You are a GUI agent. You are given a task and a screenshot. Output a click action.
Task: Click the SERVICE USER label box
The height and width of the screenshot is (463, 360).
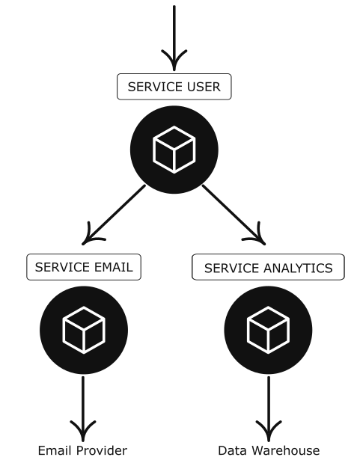coord(174,87)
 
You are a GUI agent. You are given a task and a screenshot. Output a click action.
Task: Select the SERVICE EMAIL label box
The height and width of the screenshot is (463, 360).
coord(84,267)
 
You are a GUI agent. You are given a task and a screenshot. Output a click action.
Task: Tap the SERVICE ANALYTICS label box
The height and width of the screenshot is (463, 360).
coord(268,267)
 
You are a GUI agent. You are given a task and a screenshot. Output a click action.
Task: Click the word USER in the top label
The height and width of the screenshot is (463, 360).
coord(204,87)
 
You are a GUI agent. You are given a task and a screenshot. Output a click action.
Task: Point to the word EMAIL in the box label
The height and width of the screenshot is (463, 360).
coord(113,267)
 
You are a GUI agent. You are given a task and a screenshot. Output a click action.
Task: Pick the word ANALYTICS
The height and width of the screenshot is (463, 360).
coord(298,268)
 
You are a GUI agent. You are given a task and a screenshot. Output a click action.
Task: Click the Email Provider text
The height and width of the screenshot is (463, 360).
coord(82,450)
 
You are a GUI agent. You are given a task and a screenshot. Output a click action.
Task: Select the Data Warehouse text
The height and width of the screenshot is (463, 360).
coord(269,450)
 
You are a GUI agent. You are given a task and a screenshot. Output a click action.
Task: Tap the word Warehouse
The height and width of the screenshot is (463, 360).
coord(286,450)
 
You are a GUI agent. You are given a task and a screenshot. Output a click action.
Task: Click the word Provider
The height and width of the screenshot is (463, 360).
coord(102,450)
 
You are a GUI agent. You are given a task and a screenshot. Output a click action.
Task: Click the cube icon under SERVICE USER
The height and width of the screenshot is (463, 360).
coord(174,150)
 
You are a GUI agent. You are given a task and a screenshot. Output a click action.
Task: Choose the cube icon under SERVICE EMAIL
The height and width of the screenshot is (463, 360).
coord(84,330)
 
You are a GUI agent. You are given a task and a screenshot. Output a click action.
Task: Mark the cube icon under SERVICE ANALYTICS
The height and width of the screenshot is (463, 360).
coord(268,330)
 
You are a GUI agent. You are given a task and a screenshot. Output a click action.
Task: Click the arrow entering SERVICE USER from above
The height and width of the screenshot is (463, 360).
coord(174,38)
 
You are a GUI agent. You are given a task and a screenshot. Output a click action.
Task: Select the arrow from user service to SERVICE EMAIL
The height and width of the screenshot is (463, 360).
coord(114,215)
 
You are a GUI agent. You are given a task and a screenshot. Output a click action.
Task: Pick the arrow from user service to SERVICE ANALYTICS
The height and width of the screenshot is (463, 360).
coord(234,215)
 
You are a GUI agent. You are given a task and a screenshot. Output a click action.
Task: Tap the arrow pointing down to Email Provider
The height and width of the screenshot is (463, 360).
coord(83,408)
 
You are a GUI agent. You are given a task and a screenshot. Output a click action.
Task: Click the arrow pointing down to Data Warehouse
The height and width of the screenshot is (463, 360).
coord(269,408)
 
